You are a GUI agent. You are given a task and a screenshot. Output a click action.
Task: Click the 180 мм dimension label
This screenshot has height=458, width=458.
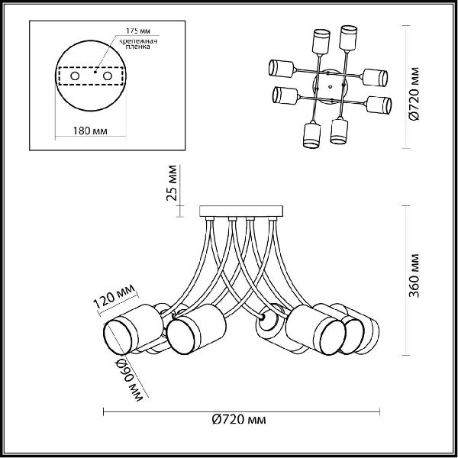(x=90, y=131)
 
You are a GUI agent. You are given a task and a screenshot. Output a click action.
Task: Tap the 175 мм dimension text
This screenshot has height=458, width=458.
(x=138, y=31)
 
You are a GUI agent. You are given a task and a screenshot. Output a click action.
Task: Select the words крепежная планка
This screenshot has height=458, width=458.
(x=138, y=44)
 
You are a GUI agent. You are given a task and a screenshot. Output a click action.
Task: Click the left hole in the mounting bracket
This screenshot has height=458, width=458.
(x=75, y=76)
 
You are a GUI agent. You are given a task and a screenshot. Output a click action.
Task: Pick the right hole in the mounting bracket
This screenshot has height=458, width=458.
(x=107, y=76)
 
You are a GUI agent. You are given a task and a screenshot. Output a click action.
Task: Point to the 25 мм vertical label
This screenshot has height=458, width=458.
(x=172, y=183)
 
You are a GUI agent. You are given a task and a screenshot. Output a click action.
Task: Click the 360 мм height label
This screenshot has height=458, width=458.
(x=414, y=276)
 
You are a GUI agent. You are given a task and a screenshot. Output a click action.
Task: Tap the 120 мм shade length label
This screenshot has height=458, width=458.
(x=114, y=296)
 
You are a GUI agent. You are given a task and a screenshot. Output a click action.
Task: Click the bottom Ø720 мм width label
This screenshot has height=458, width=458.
(x=239, y=420)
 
